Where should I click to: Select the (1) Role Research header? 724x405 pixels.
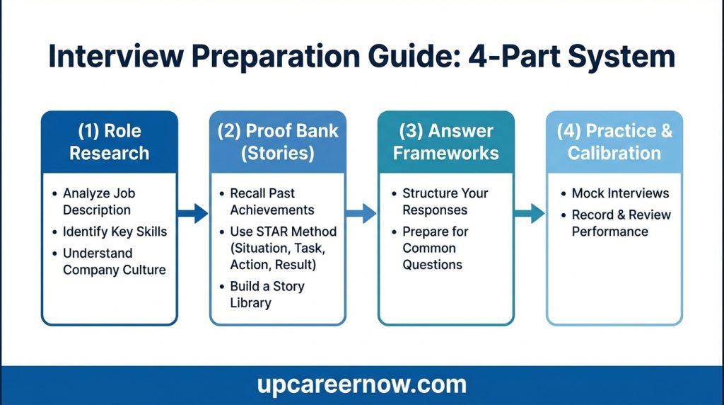[109, 142]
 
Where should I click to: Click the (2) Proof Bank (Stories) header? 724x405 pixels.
[277, 142]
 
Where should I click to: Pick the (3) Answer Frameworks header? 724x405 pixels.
[445, 142]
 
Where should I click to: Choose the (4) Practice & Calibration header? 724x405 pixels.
[614, 142]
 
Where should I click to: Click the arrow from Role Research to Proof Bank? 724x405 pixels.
[192, 212]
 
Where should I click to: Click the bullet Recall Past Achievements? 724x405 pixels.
[272, 201]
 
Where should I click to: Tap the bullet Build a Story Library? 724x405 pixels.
[267, 295]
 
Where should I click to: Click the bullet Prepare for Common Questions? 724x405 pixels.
[434, 248]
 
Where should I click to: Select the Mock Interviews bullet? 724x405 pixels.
[620, 193]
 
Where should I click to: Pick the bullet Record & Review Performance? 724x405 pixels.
[621, 223]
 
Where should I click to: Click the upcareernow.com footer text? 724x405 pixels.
[361, 384]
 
